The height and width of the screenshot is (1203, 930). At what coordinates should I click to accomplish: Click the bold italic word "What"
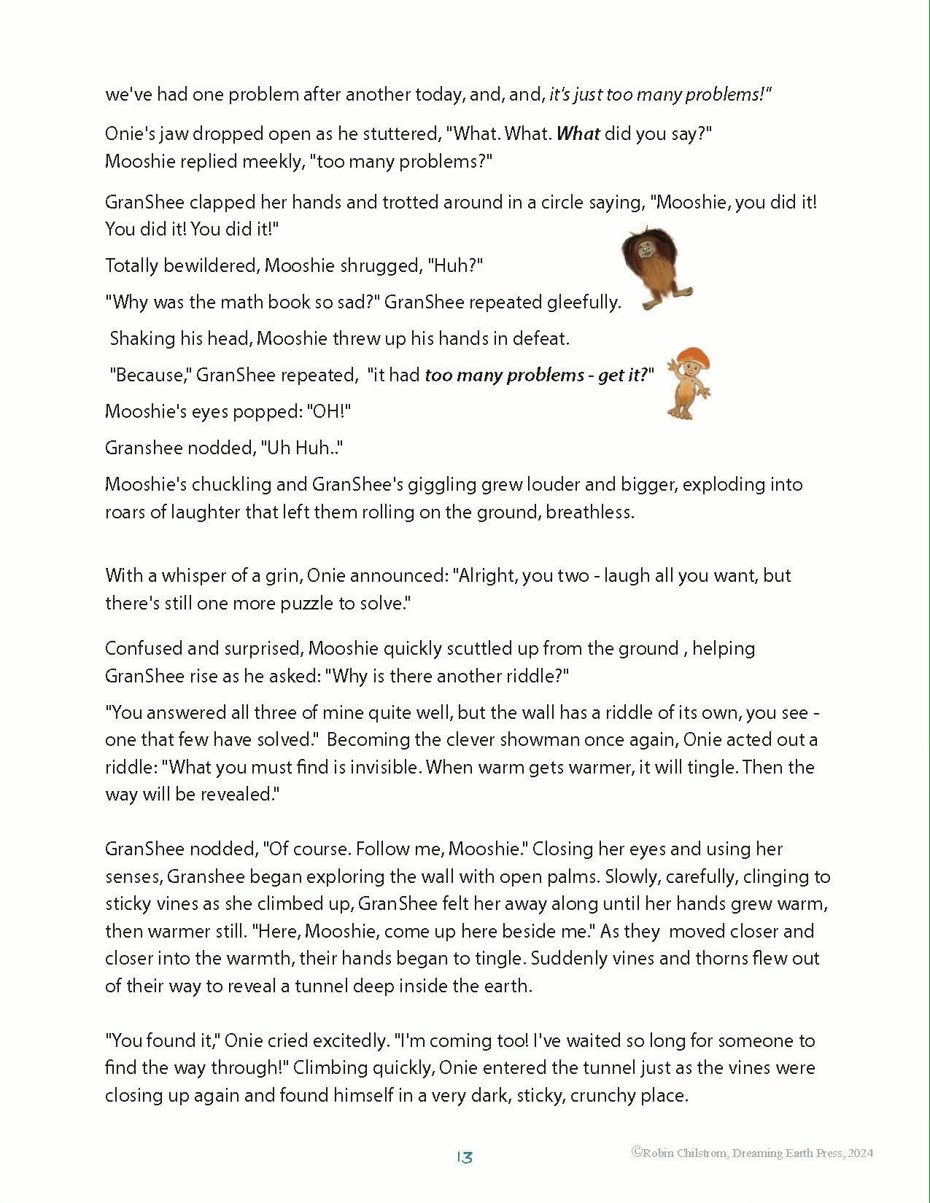tap(578, 134)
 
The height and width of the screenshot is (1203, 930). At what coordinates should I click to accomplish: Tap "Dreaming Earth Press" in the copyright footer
tap(782, 1153)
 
